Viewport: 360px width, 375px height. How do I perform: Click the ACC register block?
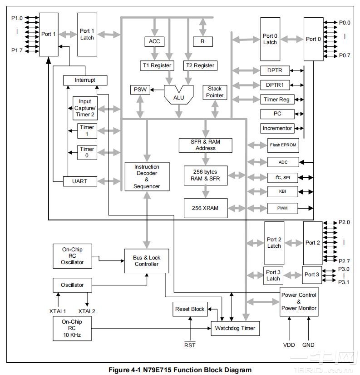154,41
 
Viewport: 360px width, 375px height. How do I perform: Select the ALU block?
179,96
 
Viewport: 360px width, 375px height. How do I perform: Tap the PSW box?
140,90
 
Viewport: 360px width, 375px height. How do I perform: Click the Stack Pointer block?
215,92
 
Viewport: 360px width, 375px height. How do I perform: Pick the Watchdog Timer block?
235,328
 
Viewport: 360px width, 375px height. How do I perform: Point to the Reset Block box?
190,309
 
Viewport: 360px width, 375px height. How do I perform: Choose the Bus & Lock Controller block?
146,261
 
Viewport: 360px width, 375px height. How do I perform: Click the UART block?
79,181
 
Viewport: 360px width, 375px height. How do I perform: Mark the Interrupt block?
85,80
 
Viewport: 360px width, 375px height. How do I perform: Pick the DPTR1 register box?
275,85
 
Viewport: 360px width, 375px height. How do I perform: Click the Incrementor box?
277,128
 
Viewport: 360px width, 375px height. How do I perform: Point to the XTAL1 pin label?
58,311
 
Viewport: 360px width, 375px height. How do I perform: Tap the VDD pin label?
289,345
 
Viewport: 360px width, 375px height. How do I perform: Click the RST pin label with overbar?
190,345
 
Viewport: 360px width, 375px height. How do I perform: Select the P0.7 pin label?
345,55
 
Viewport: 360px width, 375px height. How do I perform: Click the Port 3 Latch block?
273,275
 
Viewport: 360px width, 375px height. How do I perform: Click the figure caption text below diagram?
180,370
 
